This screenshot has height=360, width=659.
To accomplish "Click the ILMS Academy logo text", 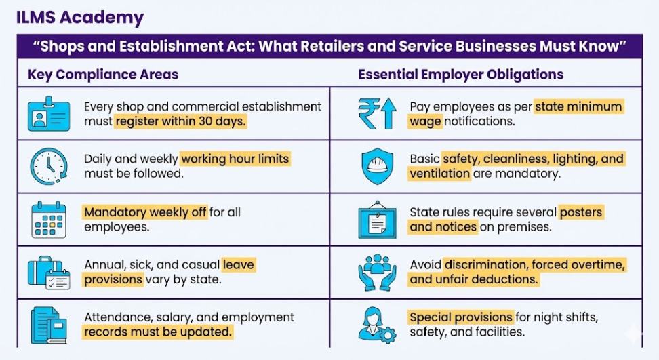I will coord(81,16).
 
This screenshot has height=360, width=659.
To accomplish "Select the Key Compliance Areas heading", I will coord(103,75).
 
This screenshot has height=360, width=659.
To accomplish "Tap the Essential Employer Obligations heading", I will coord(460,75).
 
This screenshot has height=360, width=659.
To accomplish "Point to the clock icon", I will coord(48,166).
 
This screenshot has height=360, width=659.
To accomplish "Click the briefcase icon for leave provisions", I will coord(48,272).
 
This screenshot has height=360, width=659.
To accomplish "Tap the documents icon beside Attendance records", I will coord(48,325).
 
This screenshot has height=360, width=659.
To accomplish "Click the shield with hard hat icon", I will coord(376,166).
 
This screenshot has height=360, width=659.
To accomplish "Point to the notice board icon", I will coord(376,219).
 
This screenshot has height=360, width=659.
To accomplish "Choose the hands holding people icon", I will coord(376,272).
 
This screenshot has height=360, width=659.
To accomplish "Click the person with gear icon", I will coord(376,325).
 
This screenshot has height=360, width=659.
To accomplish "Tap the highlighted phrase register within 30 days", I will coord(180,122).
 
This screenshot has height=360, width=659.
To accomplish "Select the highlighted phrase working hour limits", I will coord(235,159).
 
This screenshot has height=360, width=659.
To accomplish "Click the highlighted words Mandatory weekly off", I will coord(145,212).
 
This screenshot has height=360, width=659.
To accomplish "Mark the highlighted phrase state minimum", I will coord(578,107).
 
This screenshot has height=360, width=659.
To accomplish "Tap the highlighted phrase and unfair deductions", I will coord(474,279).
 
